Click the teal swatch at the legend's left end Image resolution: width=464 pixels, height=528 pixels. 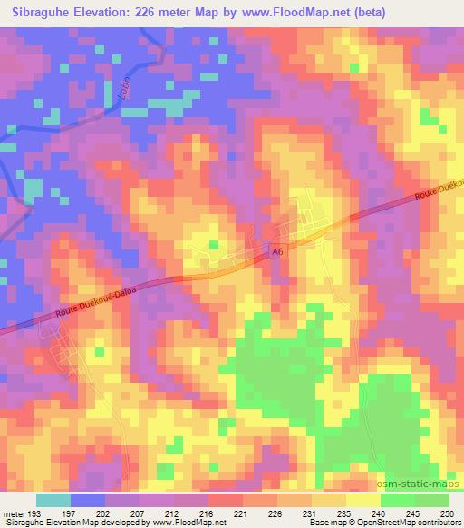pos(53,501)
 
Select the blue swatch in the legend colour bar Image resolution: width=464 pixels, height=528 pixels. pos(89,501)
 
